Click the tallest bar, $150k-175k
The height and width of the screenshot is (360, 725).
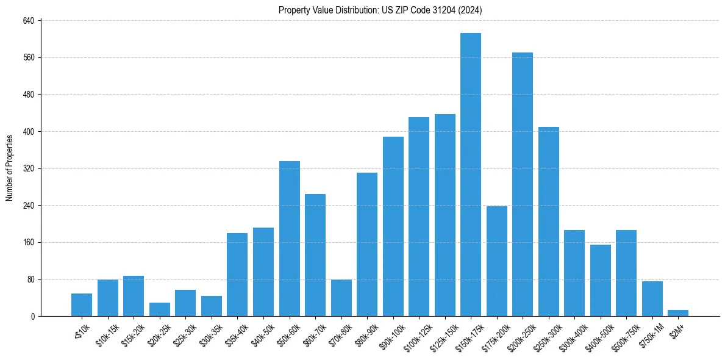[x=471, y=175]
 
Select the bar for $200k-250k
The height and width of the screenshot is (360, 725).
[x=523, y=184]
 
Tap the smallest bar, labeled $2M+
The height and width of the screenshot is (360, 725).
[x=678, y=313]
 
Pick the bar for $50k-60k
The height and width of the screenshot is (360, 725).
[x=290, y=239]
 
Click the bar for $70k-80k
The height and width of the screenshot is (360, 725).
[x=341, y=298]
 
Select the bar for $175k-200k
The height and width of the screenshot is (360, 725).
[x=497, y=261]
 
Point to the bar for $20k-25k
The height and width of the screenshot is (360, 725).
[x=160, y=309]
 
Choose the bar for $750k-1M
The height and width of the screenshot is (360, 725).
[x=652, y=299]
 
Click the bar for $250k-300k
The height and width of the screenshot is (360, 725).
[x=549, y=221]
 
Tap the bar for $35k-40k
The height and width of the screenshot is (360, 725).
[x=237, y=275]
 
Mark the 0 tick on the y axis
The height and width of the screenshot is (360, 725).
[x=34, y=317]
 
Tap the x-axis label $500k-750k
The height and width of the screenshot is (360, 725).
[x=621, y=334]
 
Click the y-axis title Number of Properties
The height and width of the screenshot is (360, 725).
[x=9, y=168]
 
